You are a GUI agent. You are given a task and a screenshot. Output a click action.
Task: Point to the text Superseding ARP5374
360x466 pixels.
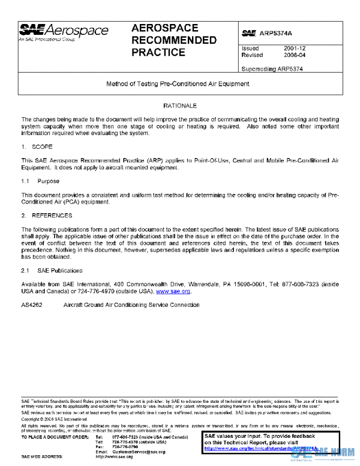(x=272, y=68)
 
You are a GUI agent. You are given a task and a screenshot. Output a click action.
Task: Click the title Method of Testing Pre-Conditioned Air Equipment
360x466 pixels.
(x=178, y=84)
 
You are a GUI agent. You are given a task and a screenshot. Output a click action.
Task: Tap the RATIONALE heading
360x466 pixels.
(x=179, y=106)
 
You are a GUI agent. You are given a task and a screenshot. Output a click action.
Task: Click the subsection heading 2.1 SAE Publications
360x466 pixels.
(x=52, y=271)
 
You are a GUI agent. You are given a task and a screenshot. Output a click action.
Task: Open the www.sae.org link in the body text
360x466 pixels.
(x=173, y=291)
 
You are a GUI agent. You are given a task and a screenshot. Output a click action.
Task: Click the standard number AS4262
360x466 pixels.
(x=32, y=305)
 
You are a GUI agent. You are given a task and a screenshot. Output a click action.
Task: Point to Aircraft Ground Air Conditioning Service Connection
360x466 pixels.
(x=131, y=305)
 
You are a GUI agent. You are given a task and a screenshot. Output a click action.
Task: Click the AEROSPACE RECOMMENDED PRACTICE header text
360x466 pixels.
(x=173, y=40)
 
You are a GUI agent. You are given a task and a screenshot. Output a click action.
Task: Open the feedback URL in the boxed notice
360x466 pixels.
(x=260, y=448)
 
